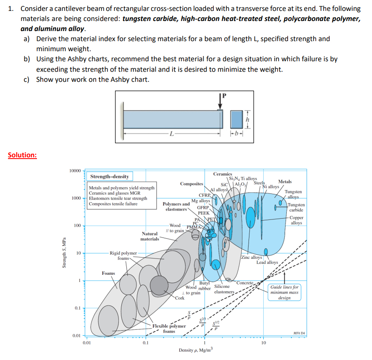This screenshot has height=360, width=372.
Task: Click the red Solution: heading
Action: tap(22, 155)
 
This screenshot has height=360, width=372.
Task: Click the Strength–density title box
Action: tap(110, 177)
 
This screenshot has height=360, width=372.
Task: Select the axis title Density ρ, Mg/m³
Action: tap(196, 350)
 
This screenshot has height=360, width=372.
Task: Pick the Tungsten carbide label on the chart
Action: tap(296, 207)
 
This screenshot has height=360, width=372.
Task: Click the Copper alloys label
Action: tap(296, 220)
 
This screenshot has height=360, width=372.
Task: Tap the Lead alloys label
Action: tap(267, 262)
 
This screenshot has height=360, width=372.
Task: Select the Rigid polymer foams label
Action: tap(123, 256)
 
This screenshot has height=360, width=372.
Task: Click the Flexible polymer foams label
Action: tap(169, 329)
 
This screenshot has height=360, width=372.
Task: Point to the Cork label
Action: tap(180, 297)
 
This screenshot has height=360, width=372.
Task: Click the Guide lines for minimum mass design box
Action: tap(284, 292)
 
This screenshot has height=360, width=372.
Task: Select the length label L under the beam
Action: tap(170, 134)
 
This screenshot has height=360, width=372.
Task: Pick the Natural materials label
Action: tap(150, 236)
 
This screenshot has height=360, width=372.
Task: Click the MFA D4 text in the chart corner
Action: tap(299, 333)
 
